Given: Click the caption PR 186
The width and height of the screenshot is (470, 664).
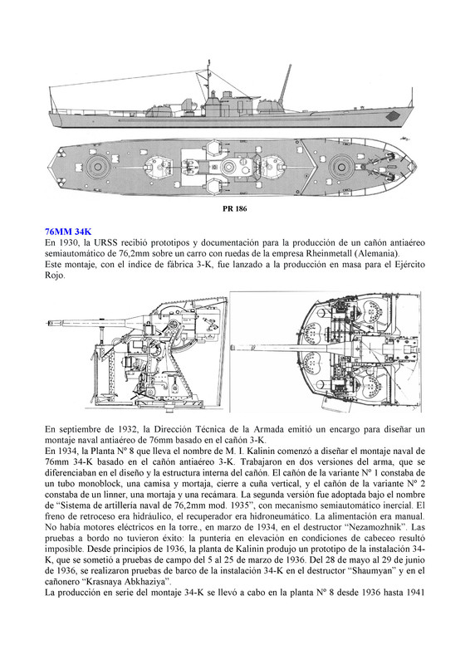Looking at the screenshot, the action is point(234,209).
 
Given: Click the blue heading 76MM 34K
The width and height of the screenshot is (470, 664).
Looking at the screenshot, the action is point(68,232).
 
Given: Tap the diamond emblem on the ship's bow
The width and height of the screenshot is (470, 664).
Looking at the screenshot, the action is point(393,115).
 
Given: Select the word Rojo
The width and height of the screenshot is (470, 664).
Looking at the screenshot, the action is point(54,276).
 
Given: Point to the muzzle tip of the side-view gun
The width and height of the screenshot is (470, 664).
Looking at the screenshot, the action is point(47,323).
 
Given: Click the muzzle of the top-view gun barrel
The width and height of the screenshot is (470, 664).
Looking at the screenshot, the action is point(233,348).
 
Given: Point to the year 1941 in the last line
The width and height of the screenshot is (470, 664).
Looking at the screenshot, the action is point(415,593).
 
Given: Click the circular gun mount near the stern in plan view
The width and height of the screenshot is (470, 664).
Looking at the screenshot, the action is point(97,165).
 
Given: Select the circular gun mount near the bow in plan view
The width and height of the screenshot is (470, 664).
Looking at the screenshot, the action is point(341,165).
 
